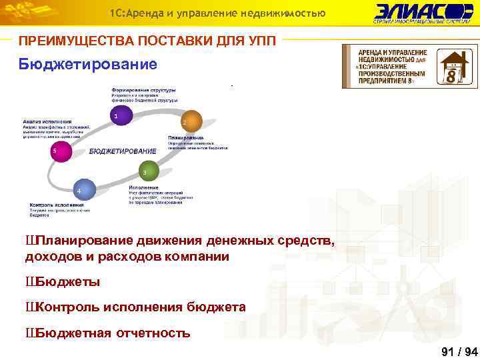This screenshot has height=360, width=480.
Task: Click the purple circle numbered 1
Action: coord(118,116)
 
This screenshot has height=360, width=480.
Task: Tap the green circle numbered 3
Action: coord(145,171)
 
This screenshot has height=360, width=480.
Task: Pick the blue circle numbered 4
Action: coord(81,189)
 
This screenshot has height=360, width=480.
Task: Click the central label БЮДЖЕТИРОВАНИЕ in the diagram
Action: coord(123,151)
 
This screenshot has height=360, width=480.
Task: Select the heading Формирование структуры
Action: coord(143,90)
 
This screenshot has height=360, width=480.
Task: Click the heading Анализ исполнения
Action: coord(47,122)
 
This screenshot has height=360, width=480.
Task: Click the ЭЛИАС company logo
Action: coord(423,13)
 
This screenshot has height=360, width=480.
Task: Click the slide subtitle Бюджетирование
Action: coord(88,65)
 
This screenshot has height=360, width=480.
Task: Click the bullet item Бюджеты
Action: coord(67,282)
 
